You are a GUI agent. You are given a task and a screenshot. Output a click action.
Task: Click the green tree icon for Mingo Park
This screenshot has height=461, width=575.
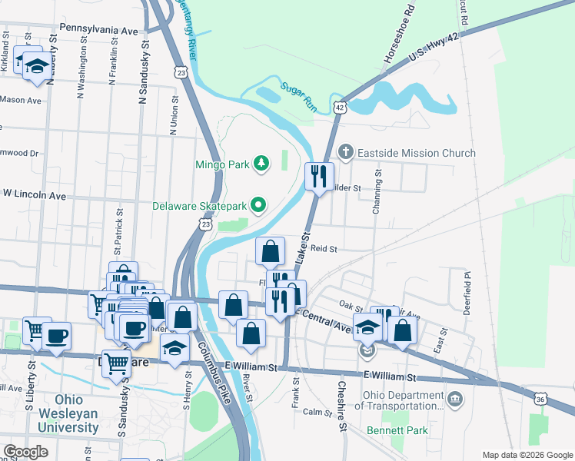point(263,163)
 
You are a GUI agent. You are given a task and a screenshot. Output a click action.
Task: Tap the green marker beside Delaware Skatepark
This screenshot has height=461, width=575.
point(258,205)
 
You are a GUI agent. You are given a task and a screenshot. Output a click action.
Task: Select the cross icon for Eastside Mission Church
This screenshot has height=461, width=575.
point(346,152)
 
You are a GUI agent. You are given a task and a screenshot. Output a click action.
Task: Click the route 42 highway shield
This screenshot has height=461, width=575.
point(339,108)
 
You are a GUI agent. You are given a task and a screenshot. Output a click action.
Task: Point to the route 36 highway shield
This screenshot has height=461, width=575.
point(541,398)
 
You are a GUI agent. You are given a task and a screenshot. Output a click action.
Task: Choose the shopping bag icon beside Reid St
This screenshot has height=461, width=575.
point(270,250)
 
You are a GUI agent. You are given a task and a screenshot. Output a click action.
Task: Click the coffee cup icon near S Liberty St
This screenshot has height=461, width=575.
point(56,335)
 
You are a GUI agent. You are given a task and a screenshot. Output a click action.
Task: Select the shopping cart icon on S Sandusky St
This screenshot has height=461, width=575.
point(115,364)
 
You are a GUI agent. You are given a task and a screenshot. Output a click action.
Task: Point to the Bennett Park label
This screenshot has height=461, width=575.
point(397,431)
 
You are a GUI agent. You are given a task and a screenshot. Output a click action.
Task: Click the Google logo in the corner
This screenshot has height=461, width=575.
point(26,452)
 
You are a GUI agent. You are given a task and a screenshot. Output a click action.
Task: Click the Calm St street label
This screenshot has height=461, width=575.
point(317,412)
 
